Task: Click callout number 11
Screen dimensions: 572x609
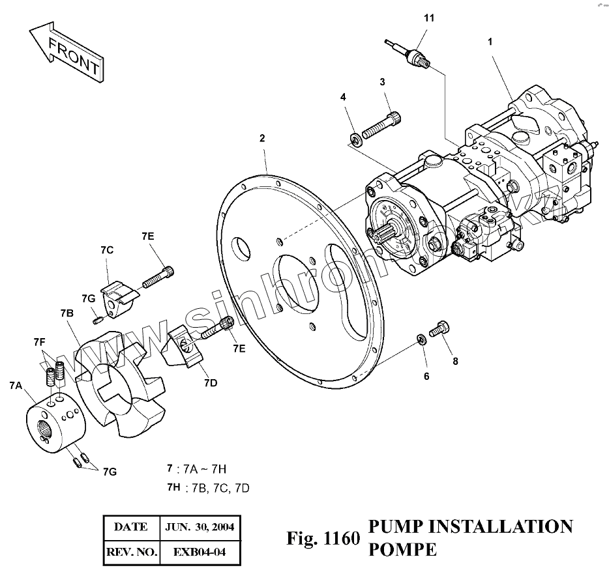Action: tap(428, 18)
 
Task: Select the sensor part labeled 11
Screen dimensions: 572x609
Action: tap(411, 55)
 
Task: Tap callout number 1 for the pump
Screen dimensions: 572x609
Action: tap(490, 40)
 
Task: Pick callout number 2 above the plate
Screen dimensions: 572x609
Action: tap(262, 138)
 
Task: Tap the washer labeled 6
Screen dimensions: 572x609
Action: tap(421, 338)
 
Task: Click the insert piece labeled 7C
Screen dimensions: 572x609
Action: tap(119, 296)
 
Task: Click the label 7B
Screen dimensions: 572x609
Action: tap(67, 314)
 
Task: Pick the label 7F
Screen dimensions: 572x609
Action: tap(39, 341)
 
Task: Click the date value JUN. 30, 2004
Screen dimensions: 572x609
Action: tap(201, 527)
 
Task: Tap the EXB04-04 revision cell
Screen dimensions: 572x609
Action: tap(200, 553)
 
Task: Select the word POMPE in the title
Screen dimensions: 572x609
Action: tap(402, 549)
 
